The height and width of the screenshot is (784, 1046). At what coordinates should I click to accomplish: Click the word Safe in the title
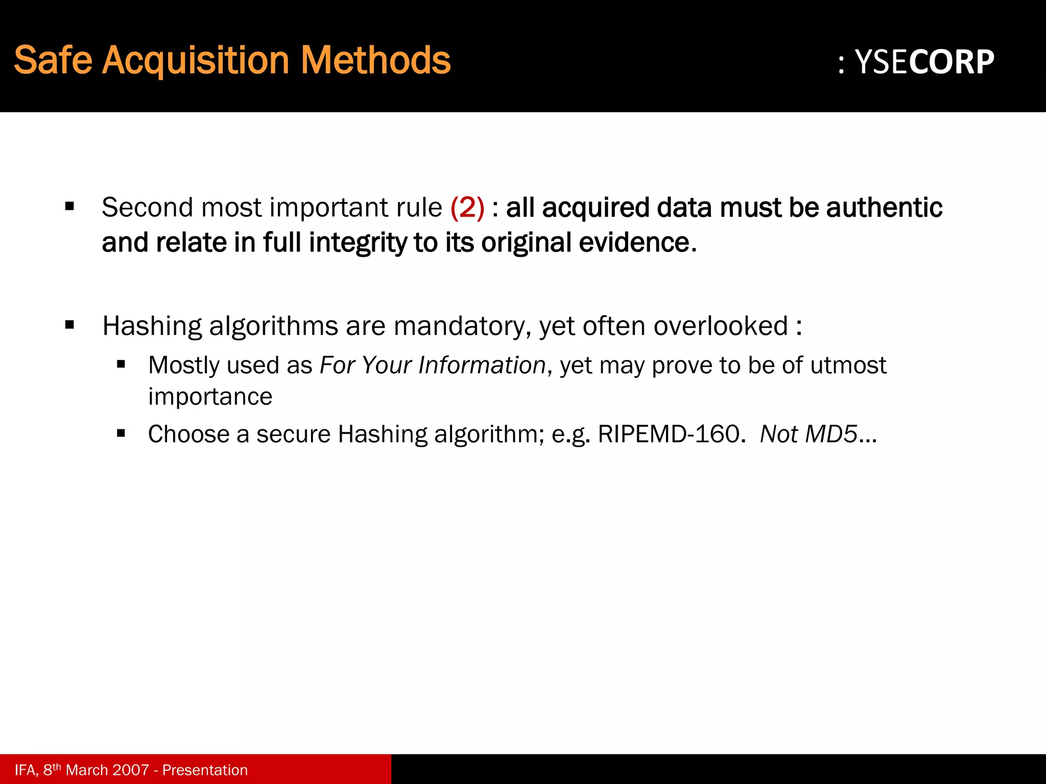click(53, 61)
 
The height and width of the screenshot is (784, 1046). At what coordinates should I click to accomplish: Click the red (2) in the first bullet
click(467, 208)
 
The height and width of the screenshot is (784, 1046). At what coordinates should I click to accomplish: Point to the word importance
click(210, 397)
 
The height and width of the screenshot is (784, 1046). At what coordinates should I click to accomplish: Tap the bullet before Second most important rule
click(70, 207)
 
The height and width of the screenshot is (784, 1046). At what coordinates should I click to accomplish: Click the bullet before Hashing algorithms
click(70, 325)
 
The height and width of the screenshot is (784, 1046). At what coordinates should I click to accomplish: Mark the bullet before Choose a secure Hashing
click(121, 434)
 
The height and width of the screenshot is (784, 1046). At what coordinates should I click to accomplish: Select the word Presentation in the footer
click(205, 770)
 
